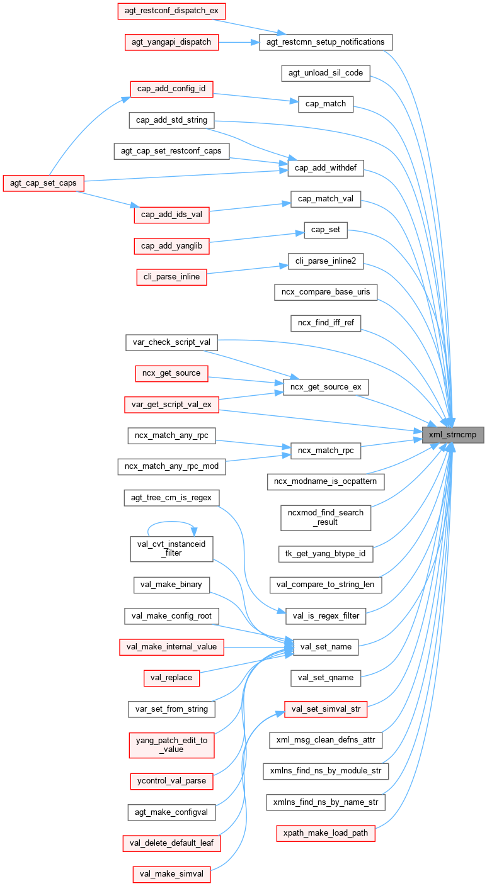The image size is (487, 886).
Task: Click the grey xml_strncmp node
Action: (453, 435)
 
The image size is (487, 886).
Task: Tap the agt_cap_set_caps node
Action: (44, 182)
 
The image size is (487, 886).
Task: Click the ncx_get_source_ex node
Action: (325, 386)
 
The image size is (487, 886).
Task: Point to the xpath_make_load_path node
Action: (326, 833)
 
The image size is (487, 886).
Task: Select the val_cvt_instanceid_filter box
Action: (171, 548)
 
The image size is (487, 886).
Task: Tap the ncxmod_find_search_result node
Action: (326, 517)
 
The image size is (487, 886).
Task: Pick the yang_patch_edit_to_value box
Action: (171, 744)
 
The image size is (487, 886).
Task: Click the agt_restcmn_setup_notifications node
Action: (326, 42)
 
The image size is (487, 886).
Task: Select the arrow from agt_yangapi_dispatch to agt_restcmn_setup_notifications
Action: (239, 42)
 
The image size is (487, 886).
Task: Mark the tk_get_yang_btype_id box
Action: (326, 554)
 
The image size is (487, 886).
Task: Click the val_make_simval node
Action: (171, 874)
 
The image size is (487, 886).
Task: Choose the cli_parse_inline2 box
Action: (326, 261)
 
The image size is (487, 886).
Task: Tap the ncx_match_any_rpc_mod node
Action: (171, 466)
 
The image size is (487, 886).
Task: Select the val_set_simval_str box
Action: (326, 709)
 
